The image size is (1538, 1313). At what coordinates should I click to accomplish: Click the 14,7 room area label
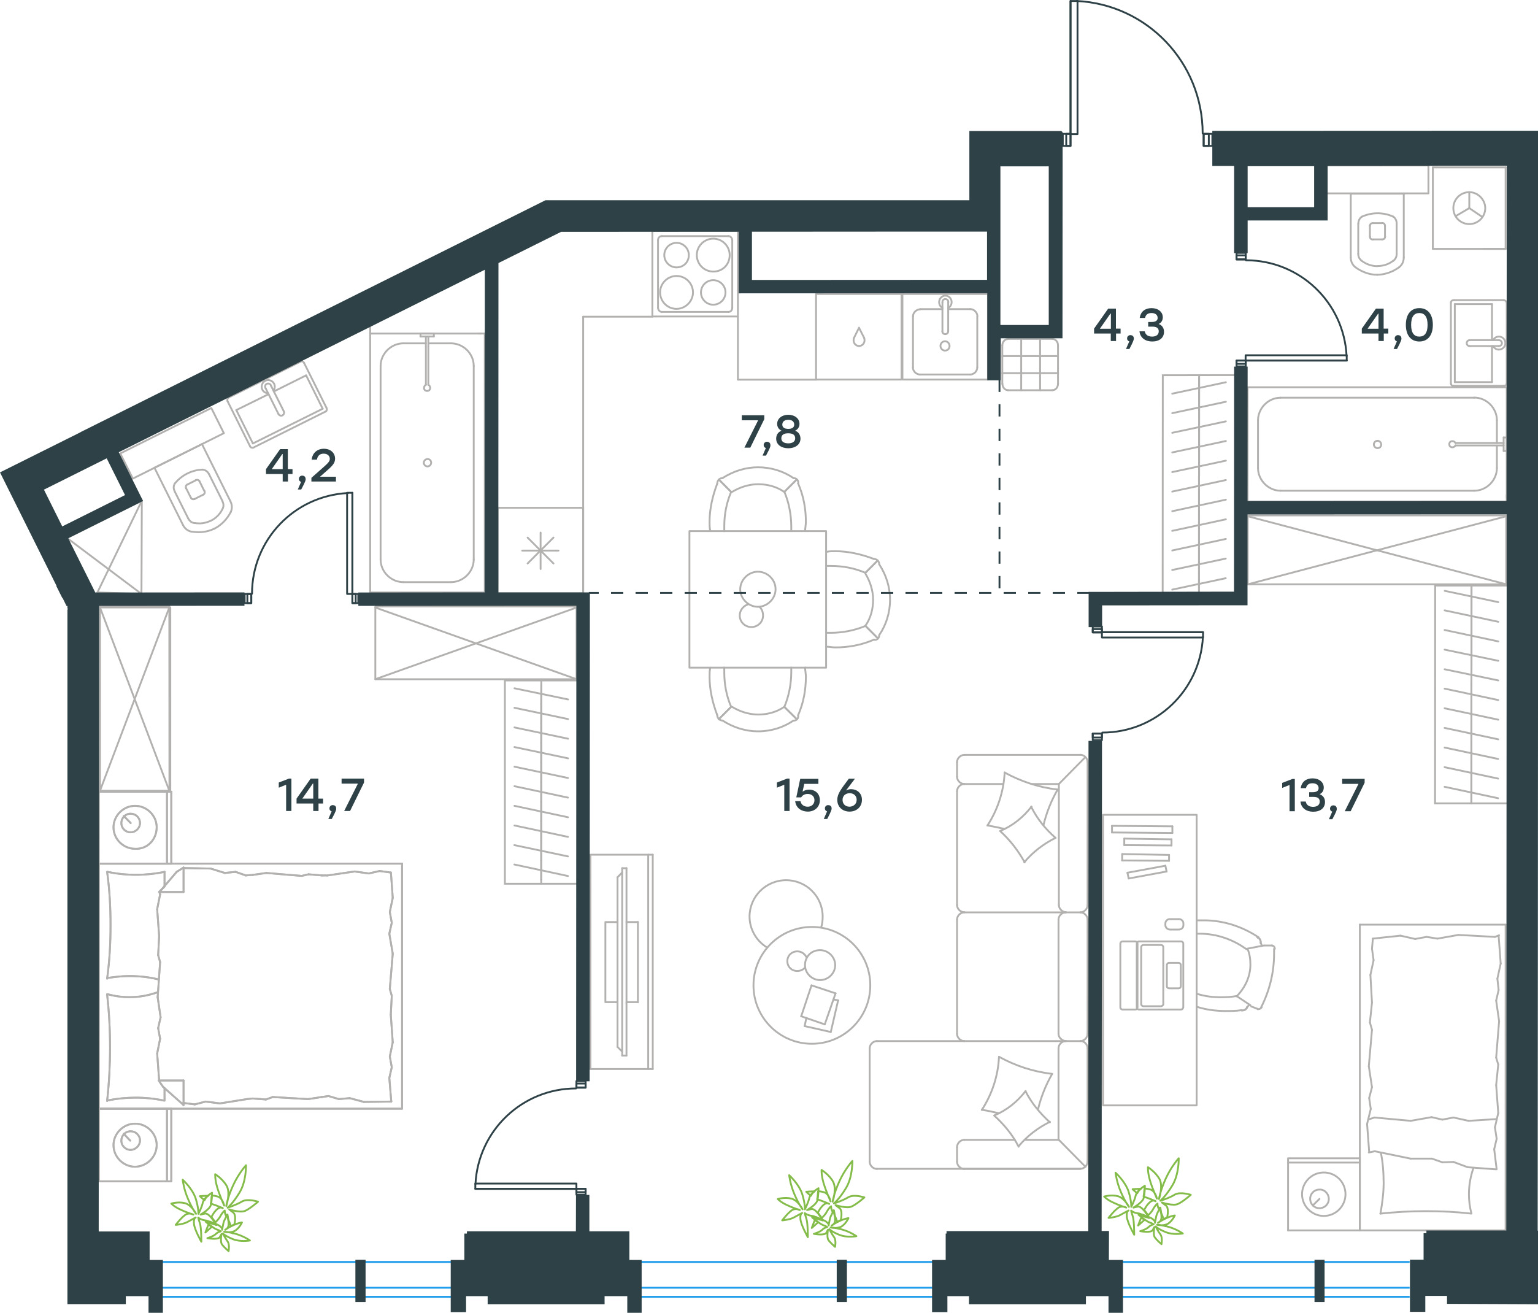(321, 796)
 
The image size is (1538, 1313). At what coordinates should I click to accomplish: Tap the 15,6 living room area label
(819, 796)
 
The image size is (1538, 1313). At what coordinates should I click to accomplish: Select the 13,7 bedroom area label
(1323, 796)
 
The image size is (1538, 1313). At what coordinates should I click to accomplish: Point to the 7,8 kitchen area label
(771, 433)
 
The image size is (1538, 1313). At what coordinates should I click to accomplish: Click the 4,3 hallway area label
(1129, 326)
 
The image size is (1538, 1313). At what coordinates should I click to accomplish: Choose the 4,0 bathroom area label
(1397, 326)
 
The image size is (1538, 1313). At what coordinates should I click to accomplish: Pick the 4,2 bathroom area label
(301, 467)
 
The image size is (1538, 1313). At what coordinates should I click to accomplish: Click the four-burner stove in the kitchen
(695, 273)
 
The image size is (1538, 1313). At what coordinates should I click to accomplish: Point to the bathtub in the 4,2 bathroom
(427, 461)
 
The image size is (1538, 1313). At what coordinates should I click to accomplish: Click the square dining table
(757, 599)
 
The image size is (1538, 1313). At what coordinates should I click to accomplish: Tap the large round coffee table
(811, 985)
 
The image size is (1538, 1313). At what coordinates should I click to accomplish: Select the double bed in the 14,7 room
(251, 986)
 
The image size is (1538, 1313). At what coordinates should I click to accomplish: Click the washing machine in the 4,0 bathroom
(1469, 208)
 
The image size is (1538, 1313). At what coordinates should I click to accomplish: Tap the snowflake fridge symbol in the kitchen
(540, 551)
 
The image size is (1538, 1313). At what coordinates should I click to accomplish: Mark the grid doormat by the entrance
(1029, 364)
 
